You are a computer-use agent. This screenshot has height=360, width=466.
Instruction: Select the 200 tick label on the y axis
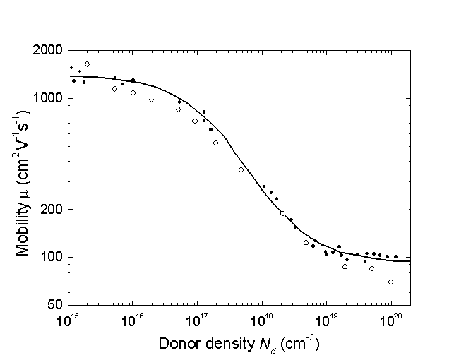coord(53,210)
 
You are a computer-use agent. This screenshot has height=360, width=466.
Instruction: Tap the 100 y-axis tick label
coord(53,257)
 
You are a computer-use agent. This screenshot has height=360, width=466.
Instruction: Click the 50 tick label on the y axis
coord(56,305)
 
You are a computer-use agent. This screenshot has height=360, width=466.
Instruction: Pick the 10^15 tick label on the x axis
coord(68,320)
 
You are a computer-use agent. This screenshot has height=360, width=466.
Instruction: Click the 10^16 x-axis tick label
coord(133,320)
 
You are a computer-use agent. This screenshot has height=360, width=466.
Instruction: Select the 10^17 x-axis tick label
coord(197,320)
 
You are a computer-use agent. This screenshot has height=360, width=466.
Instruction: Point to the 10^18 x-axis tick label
coord(262,320)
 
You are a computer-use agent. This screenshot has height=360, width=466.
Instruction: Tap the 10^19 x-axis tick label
coord(326,320)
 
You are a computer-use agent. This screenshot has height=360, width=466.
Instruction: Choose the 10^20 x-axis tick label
coord(391,320)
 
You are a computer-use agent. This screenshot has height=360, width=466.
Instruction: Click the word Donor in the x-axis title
coord(178,345)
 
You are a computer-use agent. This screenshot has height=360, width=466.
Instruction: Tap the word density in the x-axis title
coord(226,345)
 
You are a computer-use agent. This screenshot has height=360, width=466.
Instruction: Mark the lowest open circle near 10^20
coord(390,282)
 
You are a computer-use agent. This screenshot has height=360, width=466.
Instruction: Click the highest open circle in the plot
coord(87,64)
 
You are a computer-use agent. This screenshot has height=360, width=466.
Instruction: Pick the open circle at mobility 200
coord(282,213)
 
